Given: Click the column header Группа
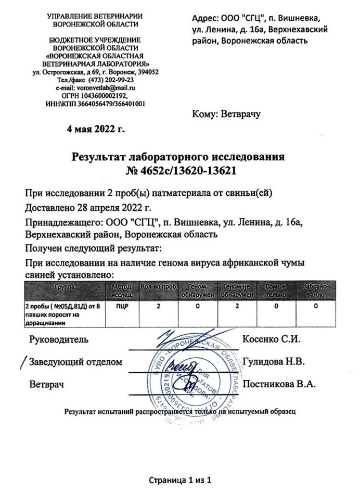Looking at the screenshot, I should (65, 287).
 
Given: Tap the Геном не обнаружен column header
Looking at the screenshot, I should (237, 291).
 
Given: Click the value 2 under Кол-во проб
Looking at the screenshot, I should (158, 306).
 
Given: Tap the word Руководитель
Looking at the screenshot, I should (58, 339).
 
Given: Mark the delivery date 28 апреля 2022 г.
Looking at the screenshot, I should (109, 209).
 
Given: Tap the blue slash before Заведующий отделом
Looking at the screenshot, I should (22, 360).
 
